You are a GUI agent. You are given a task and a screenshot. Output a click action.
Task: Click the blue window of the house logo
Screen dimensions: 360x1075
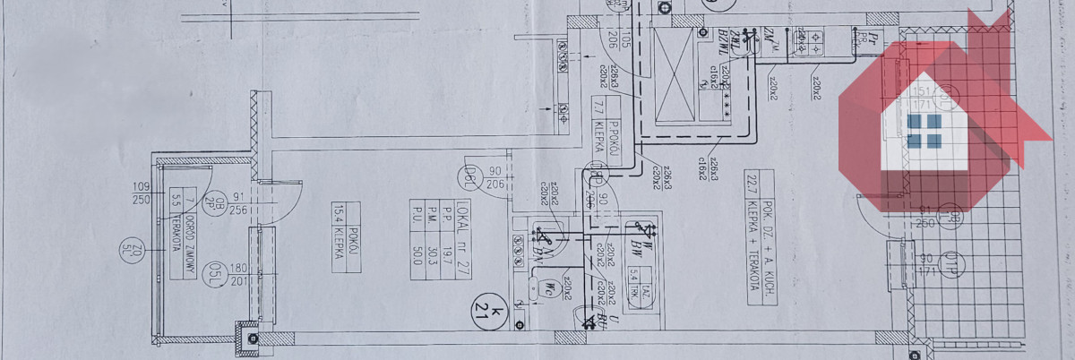pos(924,131)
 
